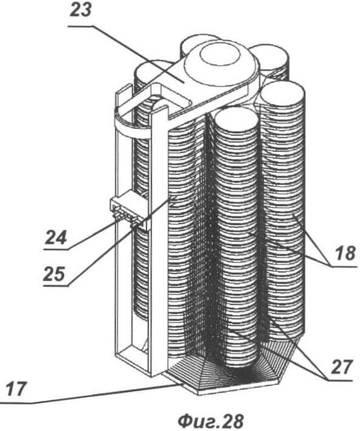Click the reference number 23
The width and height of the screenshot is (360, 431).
[x=80, y=11]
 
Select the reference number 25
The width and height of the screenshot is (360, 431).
[x=54, y=274]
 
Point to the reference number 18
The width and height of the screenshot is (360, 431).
[x=345, y=253]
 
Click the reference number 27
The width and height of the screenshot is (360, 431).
[x=342, y=367]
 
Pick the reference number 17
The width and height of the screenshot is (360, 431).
[x=16, y=390]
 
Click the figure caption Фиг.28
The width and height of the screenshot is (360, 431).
[x=210, y=420]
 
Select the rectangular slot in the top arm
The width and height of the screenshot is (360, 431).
[x=170, y=98]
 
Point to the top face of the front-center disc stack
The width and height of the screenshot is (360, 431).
[x=236, y=120]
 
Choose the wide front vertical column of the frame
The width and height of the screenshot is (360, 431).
[x=158, y=242]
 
